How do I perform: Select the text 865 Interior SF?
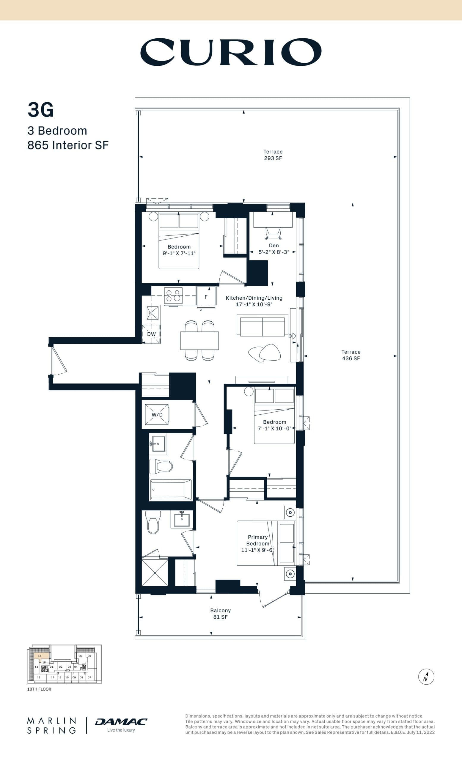pyautogui.click(x=68, y=145)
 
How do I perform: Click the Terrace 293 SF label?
pyautogui.click(x=273, y=155)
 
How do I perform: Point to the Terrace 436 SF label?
pyautogui.click(x=351, y=355)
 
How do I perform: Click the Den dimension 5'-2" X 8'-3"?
pyautogui.click(x=274, y=252)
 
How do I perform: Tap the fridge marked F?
pyautogui.click(x=206, y=297)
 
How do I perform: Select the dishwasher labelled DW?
pyautogui.click(x=151, y=334)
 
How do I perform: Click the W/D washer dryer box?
pyautogui.click(x=157, y=414)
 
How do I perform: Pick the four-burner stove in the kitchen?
pyautogui.click(x=173, y=295)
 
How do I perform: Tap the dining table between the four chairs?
pyautogui.click(x=199, y=340)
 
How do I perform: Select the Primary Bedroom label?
pyautogui.click(x=257, y=543)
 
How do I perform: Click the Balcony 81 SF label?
pyautogui.click(x=220, y=613)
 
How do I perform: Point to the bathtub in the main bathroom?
pyautogui.click(x=170, y=490)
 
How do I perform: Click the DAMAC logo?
pyautogui.click(x=121, y=722)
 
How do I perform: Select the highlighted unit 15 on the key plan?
pyautogui.click(x=41, y=656)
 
